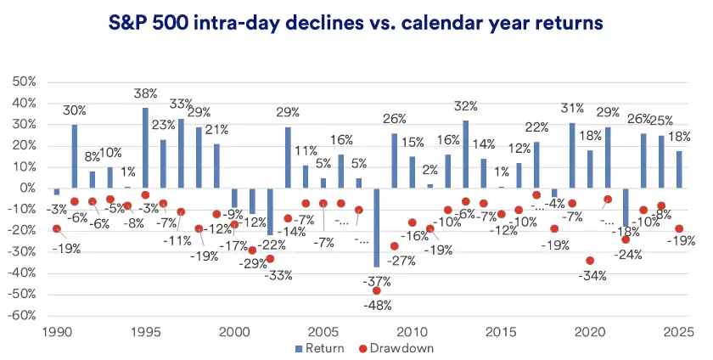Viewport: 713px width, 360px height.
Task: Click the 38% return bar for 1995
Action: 145,148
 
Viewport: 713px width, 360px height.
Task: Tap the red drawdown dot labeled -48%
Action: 377,290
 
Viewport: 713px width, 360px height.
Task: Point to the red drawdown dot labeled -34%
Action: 590,261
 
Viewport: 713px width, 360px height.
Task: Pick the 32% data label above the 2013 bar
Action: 465,107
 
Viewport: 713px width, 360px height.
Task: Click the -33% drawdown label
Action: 278,275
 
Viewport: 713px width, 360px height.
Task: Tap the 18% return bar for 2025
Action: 679,169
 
